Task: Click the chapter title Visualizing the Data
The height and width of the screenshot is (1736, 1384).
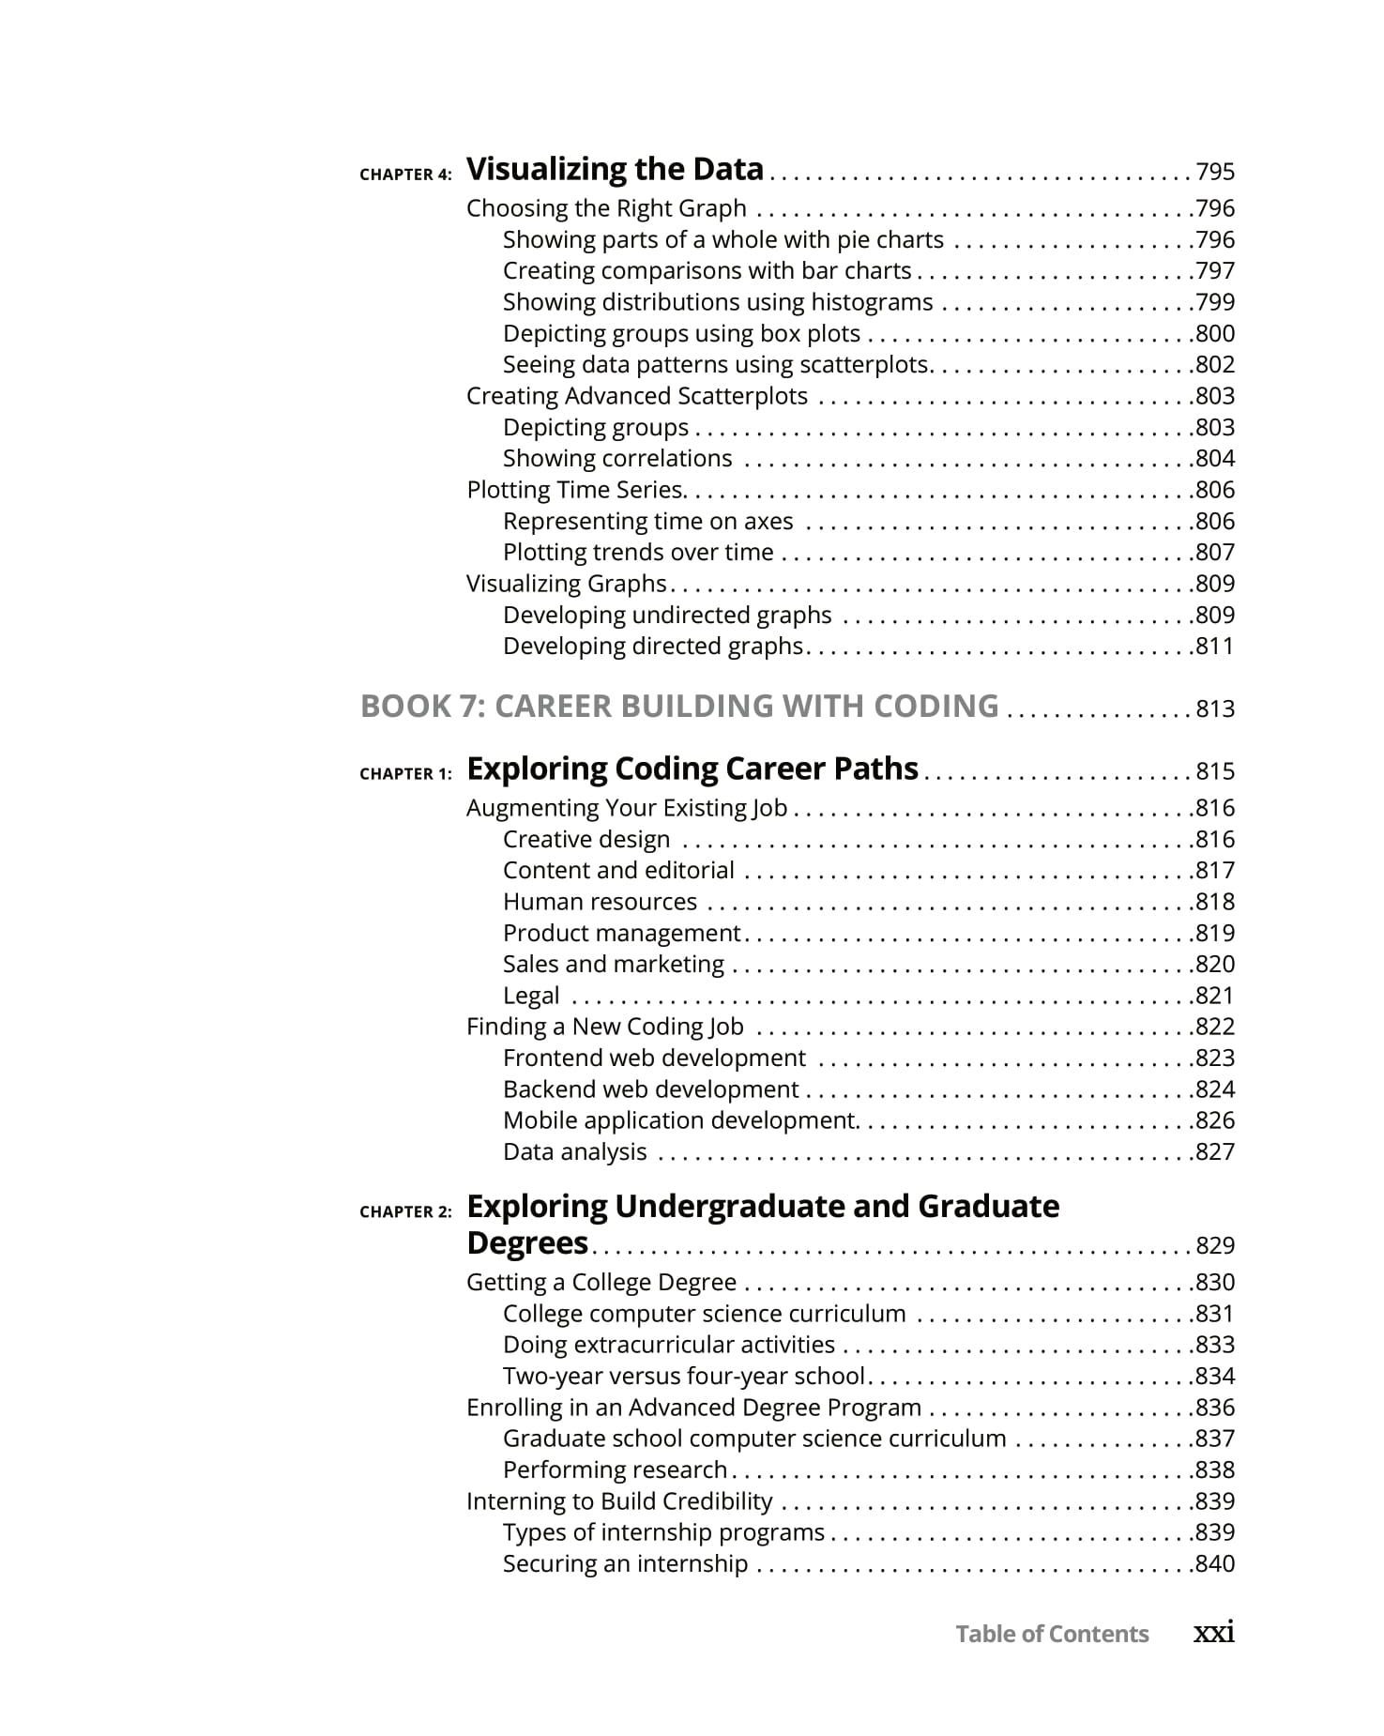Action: (615, 169)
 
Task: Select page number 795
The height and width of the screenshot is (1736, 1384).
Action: (1215, 172)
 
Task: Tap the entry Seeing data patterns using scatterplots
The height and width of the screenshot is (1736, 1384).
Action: (716, 364)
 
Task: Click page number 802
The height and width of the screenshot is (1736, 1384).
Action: (1215, 364)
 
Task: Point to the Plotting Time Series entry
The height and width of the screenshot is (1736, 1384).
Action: (575, 490)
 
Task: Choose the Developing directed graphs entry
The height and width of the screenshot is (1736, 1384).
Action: (653, 646)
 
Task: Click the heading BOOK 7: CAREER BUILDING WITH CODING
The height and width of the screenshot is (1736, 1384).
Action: (679, 706)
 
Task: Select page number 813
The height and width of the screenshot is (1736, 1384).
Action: (1215, 708)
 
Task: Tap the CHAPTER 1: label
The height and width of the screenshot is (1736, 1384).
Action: (405, 774)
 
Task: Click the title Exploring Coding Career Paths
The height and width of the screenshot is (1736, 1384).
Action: (692, 769)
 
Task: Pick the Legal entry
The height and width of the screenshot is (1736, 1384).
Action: (531, 996)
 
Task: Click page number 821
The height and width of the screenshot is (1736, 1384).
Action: (1215, 996)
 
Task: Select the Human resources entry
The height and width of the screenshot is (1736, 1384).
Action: (600, 902)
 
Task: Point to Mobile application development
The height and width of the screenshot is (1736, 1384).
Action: (678, 1120)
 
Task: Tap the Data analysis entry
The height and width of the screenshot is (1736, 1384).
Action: (574, 1151)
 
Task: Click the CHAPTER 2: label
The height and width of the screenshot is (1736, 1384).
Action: (405, 1212)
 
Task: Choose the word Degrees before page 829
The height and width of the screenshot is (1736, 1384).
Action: (526, 1243)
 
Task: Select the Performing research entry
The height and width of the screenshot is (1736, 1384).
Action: (615, 1470)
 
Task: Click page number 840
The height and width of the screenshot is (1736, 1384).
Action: (1215, 1563)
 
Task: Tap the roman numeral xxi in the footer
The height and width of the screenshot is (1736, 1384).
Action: (1213, 1633)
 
